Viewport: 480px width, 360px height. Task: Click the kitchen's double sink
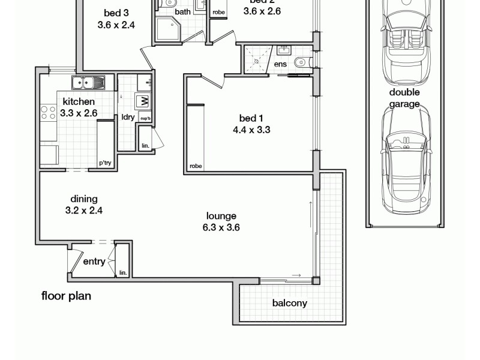(x=88, y=82)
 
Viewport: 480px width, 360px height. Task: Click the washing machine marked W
(x=143, y=101)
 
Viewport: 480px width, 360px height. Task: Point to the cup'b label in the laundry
(x=145, y=118)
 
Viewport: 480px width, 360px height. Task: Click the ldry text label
(x=128, y=117)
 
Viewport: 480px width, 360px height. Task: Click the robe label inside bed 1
(x=195, y=166)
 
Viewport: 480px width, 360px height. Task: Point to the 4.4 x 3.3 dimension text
(x=252, y=129)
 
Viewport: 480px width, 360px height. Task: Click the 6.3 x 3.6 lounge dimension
(x=221, y=227)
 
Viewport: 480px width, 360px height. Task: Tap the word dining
(x=84, y=199)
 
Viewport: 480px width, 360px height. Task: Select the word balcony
(x=289, y=303)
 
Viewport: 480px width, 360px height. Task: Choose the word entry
(x=94, y=262)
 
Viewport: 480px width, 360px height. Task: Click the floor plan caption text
(x=66, y=296)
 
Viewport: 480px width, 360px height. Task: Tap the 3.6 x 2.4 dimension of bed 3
(x=116, y=25)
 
